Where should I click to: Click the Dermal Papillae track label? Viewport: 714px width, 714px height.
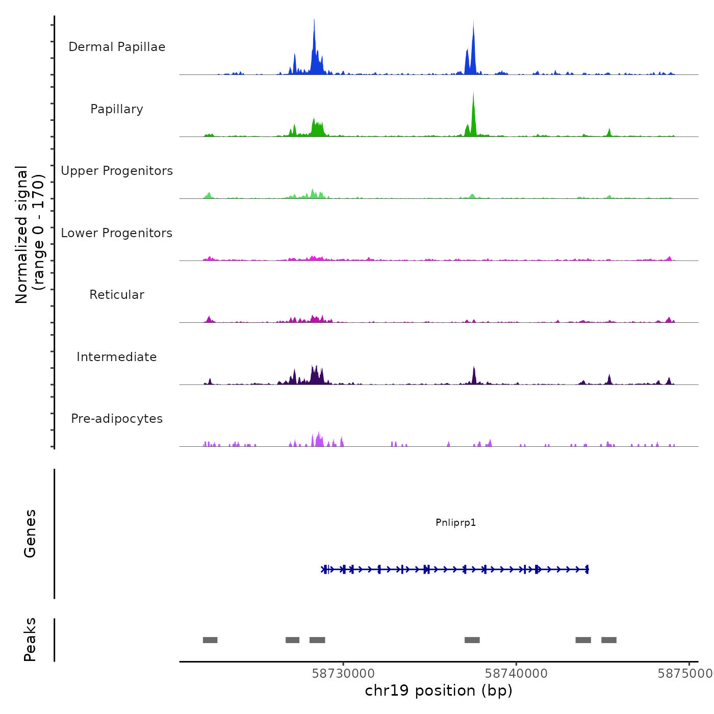point(117,47)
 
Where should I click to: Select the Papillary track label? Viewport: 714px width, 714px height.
point(117,109)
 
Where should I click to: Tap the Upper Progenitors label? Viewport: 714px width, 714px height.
point(117,171)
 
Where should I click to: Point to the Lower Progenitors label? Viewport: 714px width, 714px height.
point(117,233)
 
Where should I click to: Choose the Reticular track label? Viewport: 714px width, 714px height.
point(117,295)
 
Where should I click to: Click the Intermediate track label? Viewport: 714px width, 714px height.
point(117,357)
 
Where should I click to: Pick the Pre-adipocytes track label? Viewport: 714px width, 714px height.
point(117,419)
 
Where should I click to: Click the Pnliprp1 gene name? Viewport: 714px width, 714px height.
point(455,522)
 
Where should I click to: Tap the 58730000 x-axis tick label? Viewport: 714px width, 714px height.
point(343,673)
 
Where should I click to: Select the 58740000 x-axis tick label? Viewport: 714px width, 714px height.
point(516,673)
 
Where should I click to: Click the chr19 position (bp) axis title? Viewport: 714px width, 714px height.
point(439,691)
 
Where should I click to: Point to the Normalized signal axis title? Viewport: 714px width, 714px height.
point(30,235)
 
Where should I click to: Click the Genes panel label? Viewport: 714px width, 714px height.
point(30,533)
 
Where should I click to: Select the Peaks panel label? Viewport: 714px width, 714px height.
point(30,640)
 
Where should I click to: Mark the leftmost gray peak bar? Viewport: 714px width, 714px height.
point(210,640)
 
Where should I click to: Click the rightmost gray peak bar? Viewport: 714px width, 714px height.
point(609,640)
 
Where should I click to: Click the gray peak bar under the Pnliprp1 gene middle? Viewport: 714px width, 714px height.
point(472,640)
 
